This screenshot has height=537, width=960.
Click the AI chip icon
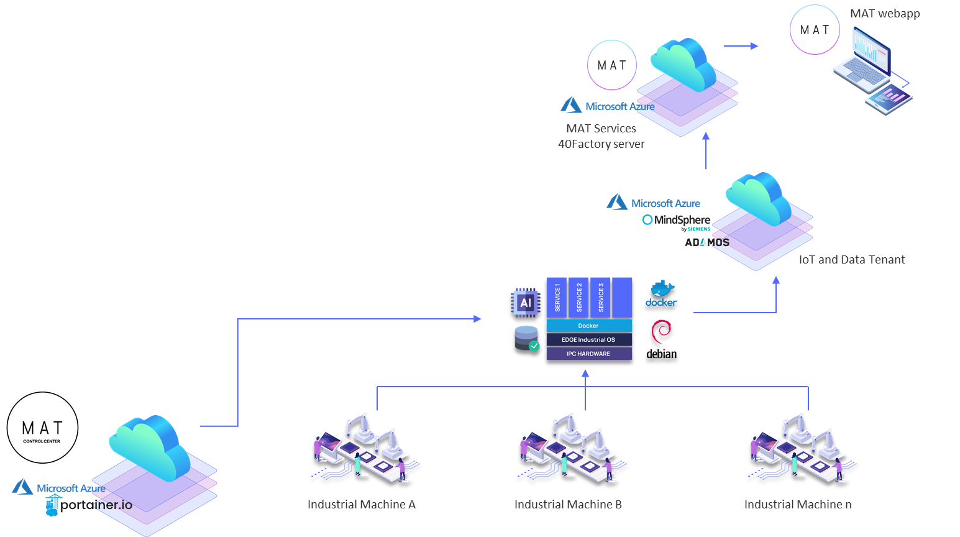(526, 303)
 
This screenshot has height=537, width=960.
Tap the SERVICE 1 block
(557, 297)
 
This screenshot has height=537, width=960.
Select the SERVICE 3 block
(600, 297)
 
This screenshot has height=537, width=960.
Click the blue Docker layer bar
(588, 326)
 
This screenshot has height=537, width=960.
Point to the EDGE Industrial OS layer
(588, 340)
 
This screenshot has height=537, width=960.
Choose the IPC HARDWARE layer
(588, 354)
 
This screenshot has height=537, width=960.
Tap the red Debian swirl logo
(661, 332)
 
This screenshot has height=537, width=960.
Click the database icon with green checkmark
(527, 338)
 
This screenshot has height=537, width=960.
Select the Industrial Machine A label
(361, 505)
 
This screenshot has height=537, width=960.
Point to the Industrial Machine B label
(568, 505)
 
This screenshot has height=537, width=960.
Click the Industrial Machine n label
(798, 505)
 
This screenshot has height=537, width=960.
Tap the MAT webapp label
(885, 14)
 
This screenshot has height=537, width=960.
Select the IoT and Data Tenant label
(851, 260)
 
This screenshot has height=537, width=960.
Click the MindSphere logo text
(681, 219)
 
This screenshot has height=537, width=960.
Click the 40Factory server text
(601, 144)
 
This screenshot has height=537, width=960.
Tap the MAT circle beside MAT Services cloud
(612, 65)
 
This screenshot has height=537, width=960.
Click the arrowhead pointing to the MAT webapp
(754, 46)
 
